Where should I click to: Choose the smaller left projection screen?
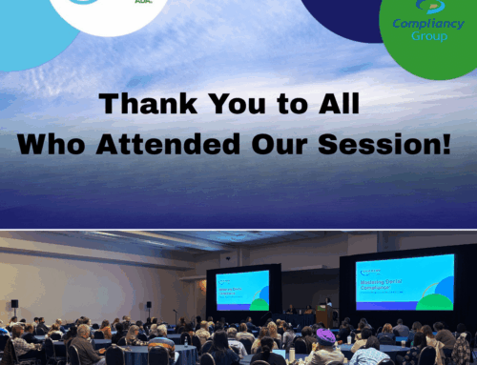[242, 290]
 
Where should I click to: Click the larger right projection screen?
[404, 282]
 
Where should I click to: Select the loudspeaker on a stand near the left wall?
[14, 304]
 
